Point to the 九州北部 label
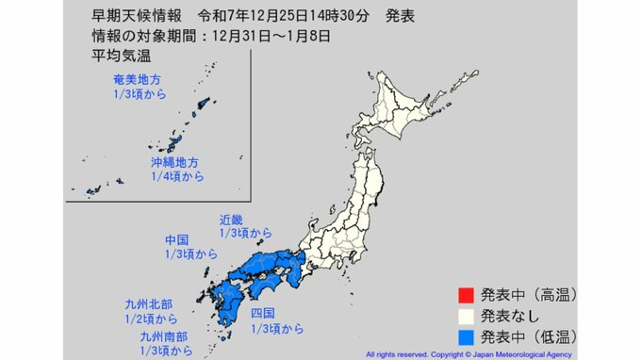click(x=149, y=303)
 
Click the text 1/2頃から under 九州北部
click(x=151, y=319)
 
